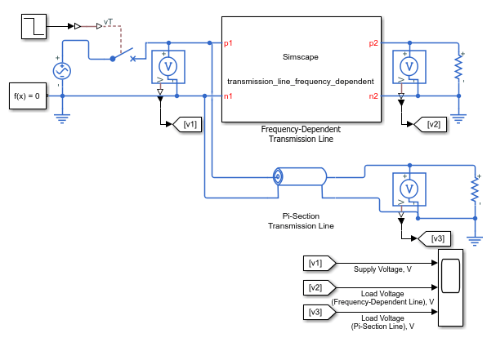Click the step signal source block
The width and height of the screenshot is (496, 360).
(x=34, y=27)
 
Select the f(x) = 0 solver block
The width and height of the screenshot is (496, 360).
(x=28, y=96)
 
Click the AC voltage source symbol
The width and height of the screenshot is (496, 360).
(x=62, y=71)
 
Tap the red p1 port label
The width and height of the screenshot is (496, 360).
(x=228, y=43)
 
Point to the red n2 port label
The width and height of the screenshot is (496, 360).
(x=373, y=96)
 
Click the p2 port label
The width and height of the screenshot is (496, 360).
(x=373, y=43)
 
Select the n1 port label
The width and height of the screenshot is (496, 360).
(x=228, y=96)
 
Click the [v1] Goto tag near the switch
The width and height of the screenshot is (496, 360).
(x=187, y=124)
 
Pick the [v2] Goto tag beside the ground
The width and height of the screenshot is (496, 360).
(x=431, y=124)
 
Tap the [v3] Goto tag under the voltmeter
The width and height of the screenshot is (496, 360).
(x=435, y=238)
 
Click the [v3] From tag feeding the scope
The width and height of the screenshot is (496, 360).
(x=319, y=313)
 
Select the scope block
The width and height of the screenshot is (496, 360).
(x=450, y=287)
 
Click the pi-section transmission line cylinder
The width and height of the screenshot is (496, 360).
(x=300, y=176)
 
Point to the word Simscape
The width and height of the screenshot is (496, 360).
(x=301, y=57)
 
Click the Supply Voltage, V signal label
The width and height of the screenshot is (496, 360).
(x=382, y=269)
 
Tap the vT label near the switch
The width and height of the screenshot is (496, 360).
(x=108, y=22)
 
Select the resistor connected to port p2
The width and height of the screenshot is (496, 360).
(x=458, y=67)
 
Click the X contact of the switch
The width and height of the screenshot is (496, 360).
(x=133, y=59)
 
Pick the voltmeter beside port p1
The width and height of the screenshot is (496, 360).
(x=168, y=67)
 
